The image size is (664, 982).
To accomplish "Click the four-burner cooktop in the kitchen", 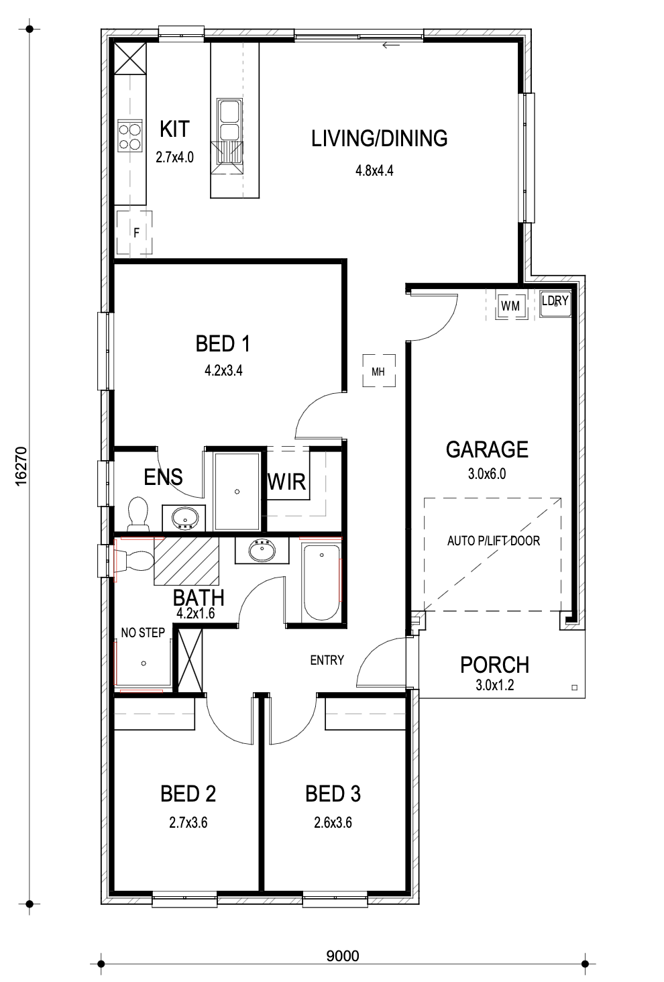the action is click(x=130, y=136).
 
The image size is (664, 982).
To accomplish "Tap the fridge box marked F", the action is click(x=134, y=232).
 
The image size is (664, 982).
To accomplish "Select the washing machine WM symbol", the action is click(x=510, y=306).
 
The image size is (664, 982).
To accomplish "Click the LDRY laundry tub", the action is click(x=555, y=304).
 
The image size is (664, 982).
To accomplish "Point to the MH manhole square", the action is click(x=379, y=371).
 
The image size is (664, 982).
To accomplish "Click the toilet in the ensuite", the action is click(x=137, y=513).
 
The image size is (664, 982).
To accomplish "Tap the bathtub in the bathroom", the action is click(x=321, y=583).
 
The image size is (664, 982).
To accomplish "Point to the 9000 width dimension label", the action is click(x=343, y=956).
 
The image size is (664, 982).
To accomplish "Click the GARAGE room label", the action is click(x=487, y=450).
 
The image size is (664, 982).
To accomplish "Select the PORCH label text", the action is click(x=495, y=665).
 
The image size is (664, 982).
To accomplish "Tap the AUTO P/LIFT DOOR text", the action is click(x=494, y=541).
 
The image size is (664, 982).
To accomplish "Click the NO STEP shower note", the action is click(x=143, y=633).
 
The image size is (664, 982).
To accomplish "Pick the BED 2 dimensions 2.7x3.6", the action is click(x=188, y=823).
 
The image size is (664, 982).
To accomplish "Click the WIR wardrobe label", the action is click(x=286, y=482).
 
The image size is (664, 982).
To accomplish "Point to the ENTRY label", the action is click(x=327, y=660).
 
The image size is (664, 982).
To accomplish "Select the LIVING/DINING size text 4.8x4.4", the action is click(x=374, y=170).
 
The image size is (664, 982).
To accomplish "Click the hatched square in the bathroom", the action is click(x=186, y=561).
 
